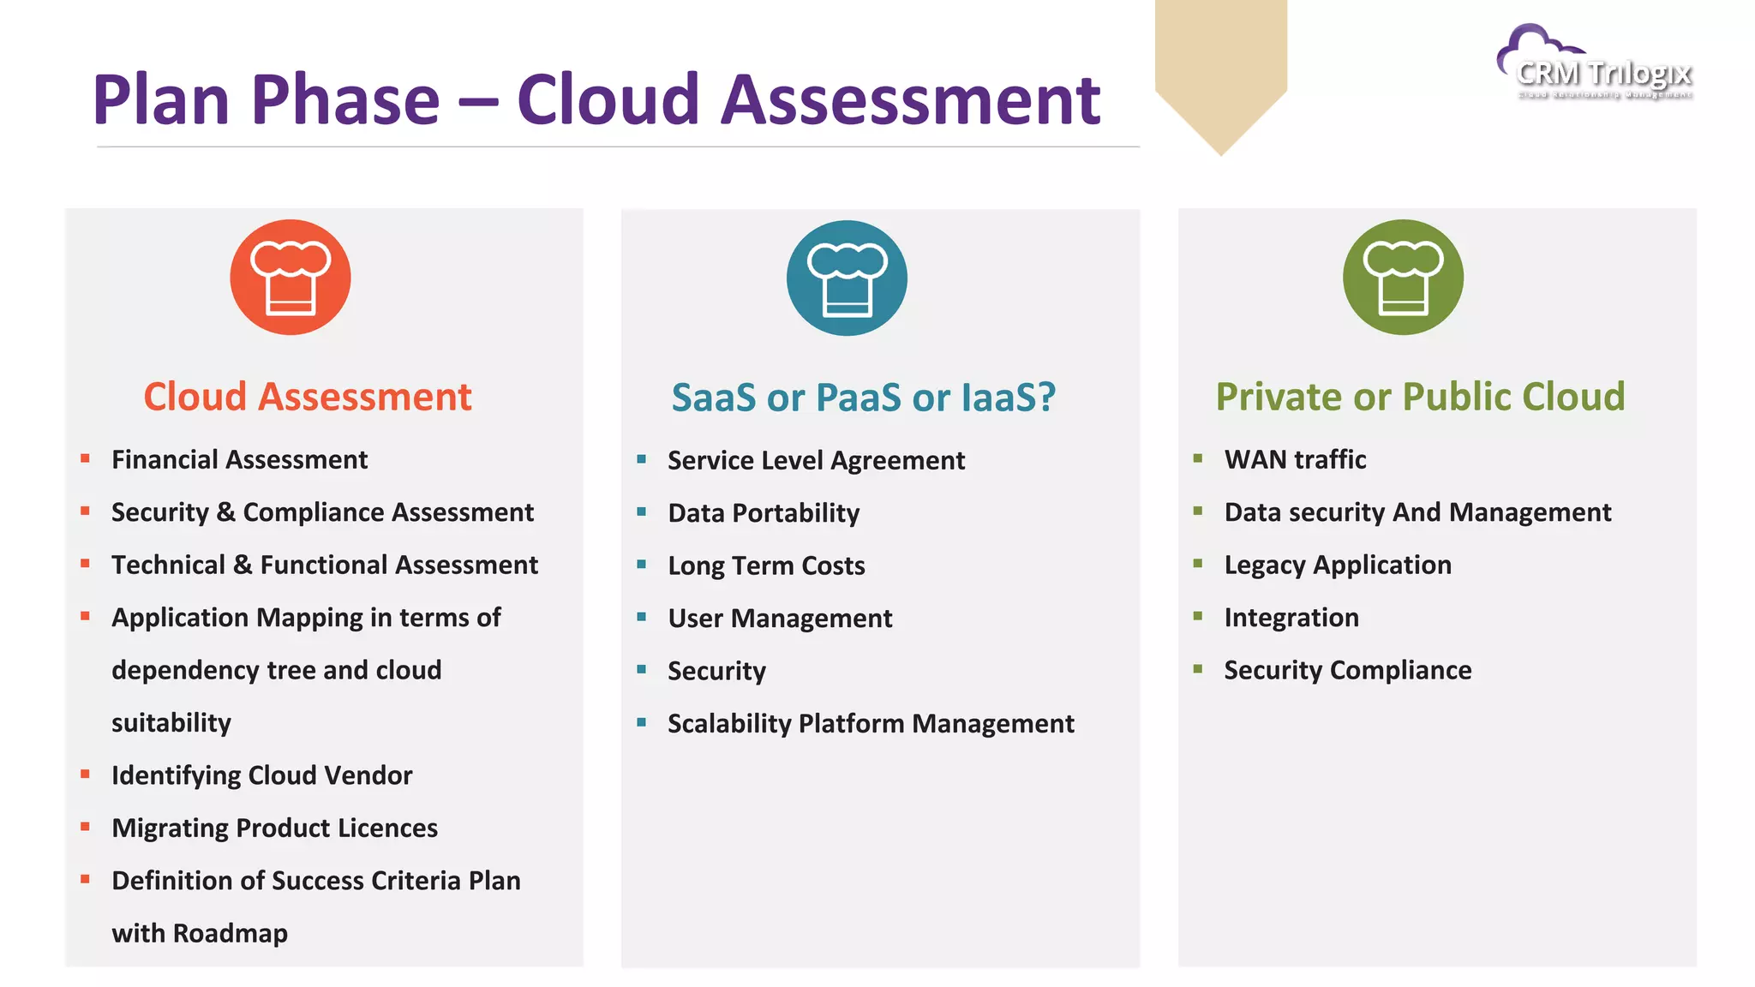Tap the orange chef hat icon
pos(291,278)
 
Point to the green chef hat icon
pos(1403,278)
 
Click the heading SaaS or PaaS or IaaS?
pos(863,398)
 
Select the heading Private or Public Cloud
pos(1420,397)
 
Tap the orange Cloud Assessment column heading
pos(307,397)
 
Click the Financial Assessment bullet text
pos(239,460)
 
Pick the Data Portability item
pos(764,513)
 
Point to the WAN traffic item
pos(1295,460)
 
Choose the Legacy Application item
pos(1337,565)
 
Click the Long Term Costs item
pos(766,566)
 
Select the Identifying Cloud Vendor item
pos(261,775)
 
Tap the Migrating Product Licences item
pos(274,828)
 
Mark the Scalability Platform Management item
pos(871,724)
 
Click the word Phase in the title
pos(345,100)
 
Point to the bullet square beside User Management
pos(642,617)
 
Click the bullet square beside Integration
pos(1198,616)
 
